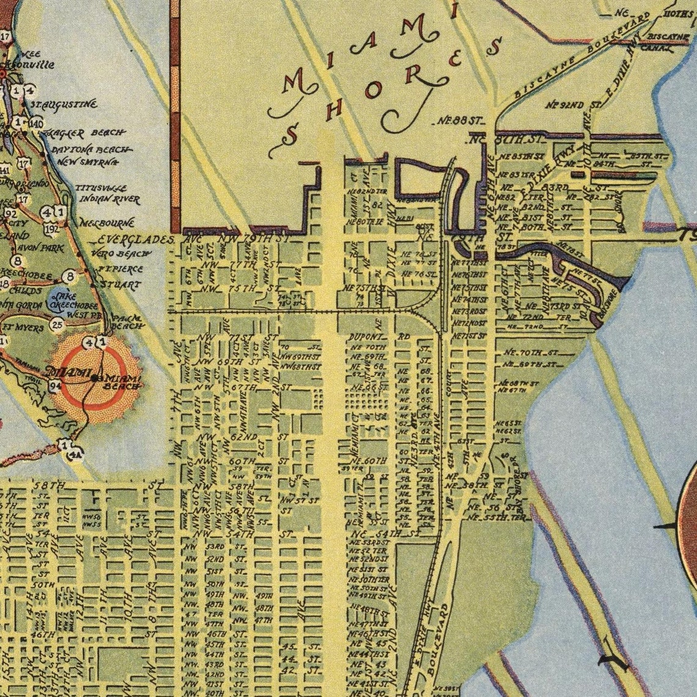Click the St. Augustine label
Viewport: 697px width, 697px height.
(64, 105)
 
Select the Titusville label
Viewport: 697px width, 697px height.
(102, 189)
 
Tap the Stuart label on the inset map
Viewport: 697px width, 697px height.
(120, 285)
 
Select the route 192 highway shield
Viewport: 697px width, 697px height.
(52, 229)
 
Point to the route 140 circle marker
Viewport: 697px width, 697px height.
(36, 124)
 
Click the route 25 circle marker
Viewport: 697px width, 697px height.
(57, 324)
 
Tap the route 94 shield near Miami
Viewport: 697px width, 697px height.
(55, 385)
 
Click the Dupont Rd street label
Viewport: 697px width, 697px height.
(379, 337)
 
